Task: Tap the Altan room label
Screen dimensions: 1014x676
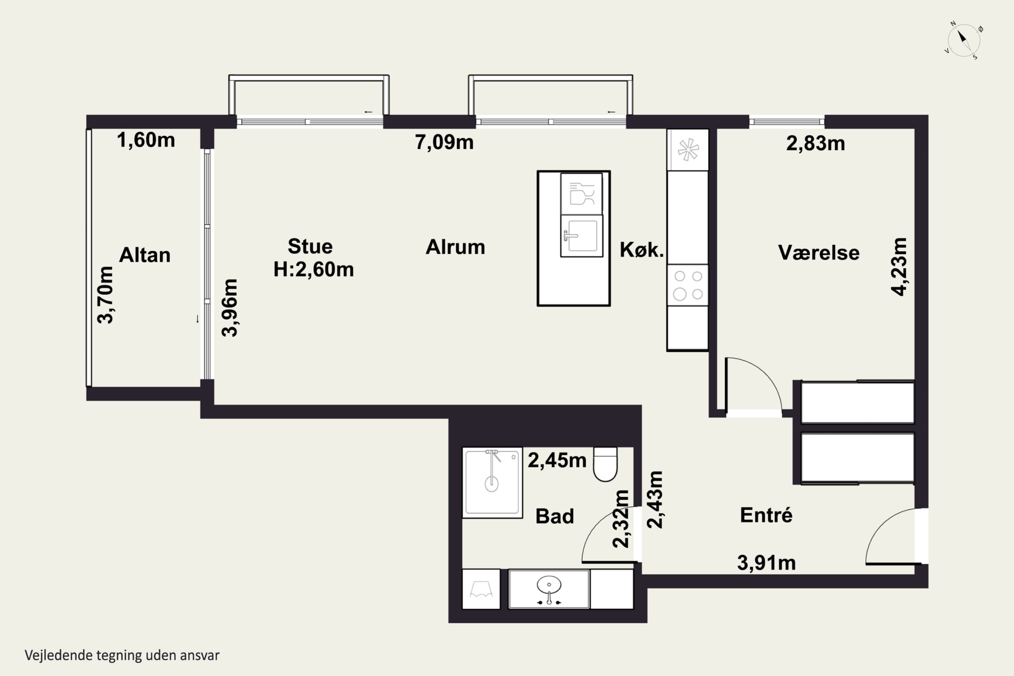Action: (145, 255)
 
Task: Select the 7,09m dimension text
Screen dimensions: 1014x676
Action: (444, 142)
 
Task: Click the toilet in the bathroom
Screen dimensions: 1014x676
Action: (605, 464)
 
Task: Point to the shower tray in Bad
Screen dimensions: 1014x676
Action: (492, 482)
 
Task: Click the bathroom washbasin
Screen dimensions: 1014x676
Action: (549, 589)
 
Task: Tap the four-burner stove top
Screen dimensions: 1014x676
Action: (687, 285)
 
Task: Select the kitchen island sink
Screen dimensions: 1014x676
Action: (582, 236)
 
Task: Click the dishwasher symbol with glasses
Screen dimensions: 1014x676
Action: (582, 194)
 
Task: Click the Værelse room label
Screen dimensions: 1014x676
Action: (819, 252)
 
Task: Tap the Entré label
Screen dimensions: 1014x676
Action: (766, 515)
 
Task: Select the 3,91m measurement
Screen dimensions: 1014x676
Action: (766, 563)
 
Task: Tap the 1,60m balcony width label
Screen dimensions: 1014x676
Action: (146, 140)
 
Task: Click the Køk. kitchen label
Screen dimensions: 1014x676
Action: (642, 250)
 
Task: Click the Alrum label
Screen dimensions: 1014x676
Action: (455, 247)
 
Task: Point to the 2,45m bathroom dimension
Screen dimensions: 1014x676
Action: (557, 460)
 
